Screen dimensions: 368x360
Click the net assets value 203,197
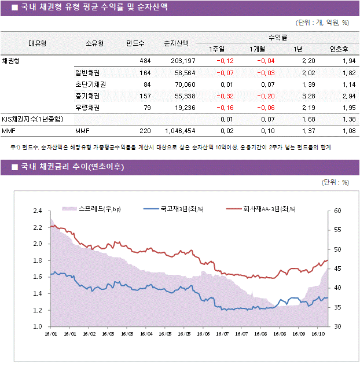(183, 61)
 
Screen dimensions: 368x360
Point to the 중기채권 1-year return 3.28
(308, 96)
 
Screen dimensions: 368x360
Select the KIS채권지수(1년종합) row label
(32, 119)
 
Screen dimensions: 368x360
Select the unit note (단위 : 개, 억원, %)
(322, 23)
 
